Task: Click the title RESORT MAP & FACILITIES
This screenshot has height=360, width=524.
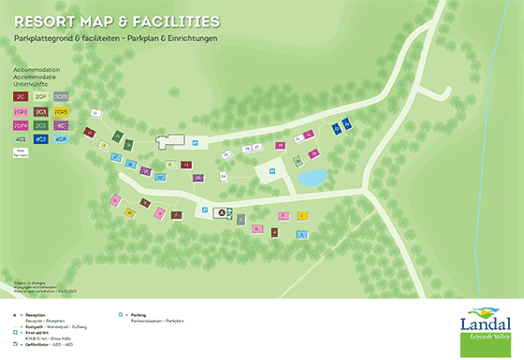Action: (117, 20)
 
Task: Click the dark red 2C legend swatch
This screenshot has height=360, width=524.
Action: (21, 96)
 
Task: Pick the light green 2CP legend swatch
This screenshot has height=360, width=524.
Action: (40, 96)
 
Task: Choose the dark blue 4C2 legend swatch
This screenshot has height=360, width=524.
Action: (40, 138)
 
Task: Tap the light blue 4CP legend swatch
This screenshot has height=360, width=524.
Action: (61, 138)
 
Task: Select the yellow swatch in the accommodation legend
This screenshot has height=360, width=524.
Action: (61, 110)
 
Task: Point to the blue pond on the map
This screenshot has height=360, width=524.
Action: (312, 177)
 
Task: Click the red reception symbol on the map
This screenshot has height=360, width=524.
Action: (223, 212)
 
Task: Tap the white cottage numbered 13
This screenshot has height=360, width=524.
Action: (95, 113)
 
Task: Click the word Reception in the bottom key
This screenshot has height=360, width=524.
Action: (36, 315)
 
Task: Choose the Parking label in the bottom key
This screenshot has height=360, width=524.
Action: (138, 315)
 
